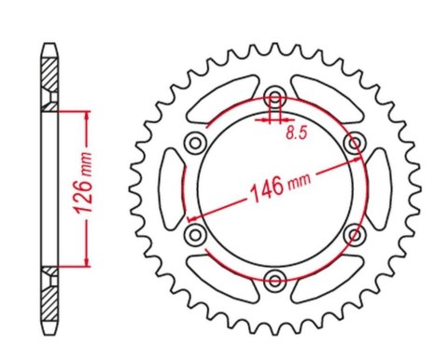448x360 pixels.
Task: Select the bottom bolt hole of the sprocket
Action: pos(274,278)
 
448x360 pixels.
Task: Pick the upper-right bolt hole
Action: pos(353,143)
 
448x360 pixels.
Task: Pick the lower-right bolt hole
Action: pos(353,233)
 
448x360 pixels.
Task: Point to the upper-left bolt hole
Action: pos(196,143)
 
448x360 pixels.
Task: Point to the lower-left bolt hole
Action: pos(196,233)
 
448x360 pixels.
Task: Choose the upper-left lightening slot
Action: pos(222,100)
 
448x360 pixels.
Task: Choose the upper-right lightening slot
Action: pos(327,100)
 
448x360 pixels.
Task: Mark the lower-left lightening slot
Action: pos(222,277)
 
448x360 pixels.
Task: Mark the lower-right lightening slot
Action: pos(327,277)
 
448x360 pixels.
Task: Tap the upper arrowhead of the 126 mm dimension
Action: pos(88,116)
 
